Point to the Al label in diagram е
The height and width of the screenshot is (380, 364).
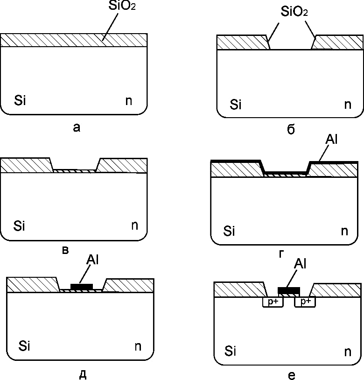point(300,264)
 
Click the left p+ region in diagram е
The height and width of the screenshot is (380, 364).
point(272,302)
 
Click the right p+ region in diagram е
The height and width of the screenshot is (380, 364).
point(306,302)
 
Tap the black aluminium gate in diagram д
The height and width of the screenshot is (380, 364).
point(81,286)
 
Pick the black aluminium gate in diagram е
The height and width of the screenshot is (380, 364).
point(288,290)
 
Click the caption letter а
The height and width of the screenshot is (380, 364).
point(77,127)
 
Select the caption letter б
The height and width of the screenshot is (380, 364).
point(291,129)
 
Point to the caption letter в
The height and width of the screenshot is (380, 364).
point(66,251)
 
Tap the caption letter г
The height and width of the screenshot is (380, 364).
point(281,253)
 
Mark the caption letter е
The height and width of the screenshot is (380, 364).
point(291,375)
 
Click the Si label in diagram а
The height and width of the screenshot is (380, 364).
point(20,100)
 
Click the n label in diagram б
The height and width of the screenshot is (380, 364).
point(348,104)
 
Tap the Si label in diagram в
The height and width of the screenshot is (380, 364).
point(19,226)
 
